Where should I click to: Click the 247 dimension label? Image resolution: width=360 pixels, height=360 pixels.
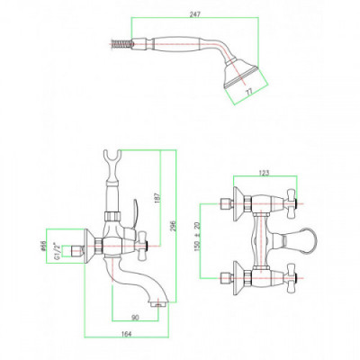pos(195,14)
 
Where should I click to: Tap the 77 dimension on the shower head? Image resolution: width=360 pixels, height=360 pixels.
pos(249,91)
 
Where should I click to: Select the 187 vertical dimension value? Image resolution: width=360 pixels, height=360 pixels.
pos(158,198)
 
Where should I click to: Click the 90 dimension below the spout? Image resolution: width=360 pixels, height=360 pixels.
pos(135,318)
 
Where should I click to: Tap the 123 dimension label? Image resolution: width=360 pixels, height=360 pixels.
pos(265,173)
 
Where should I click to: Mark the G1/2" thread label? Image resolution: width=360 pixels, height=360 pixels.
pos(56,251)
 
